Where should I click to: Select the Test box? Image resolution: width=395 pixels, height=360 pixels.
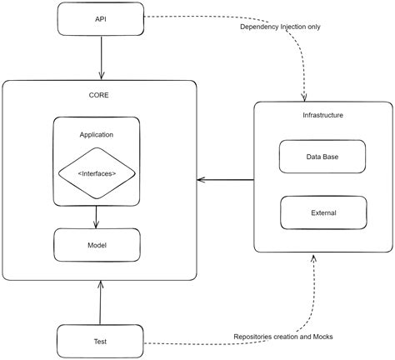(100, 340)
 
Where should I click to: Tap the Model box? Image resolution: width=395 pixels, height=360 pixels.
(97, 245)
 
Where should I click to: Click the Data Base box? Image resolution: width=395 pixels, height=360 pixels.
(322, 156)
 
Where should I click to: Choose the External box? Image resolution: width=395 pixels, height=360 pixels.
(322, 212)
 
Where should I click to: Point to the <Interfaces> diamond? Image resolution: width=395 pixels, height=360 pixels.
(97, 173)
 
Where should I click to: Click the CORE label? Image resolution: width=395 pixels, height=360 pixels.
(99, 95)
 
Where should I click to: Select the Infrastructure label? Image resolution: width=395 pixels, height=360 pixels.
(322, 114)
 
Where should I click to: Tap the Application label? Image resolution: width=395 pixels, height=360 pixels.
(97, 134)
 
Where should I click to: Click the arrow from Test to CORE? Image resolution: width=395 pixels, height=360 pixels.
(101, 301)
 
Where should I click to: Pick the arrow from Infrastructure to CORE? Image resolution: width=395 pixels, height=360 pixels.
(225, 179)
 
